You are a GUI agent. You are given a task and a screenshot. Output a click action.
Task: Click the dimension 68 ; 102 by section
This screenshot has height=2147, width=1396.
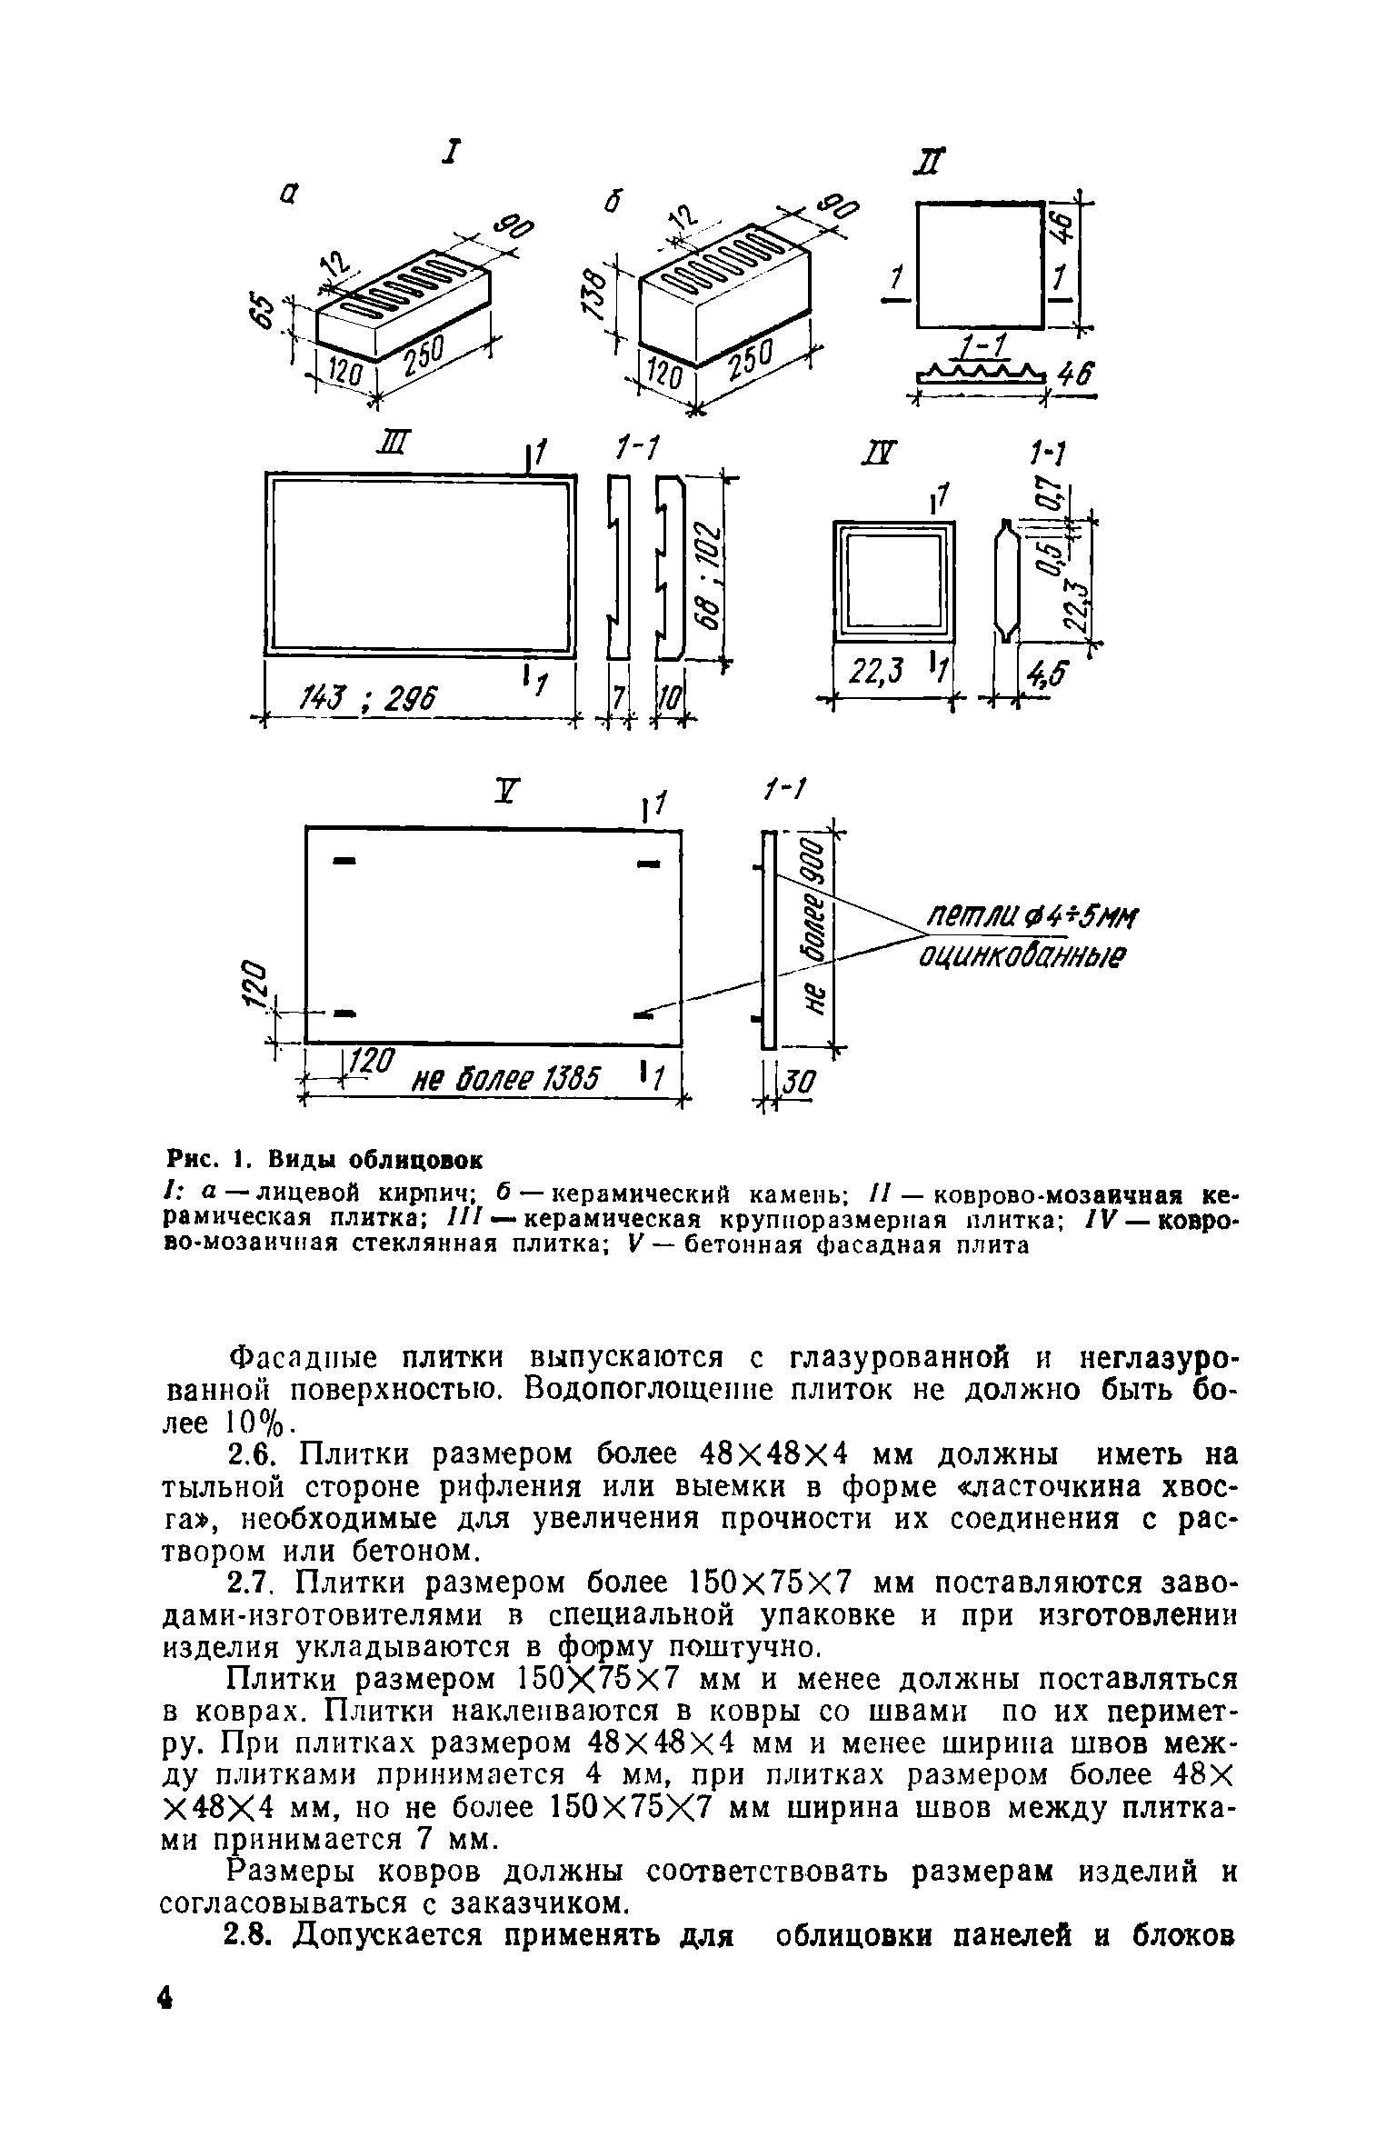point(708,575)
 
